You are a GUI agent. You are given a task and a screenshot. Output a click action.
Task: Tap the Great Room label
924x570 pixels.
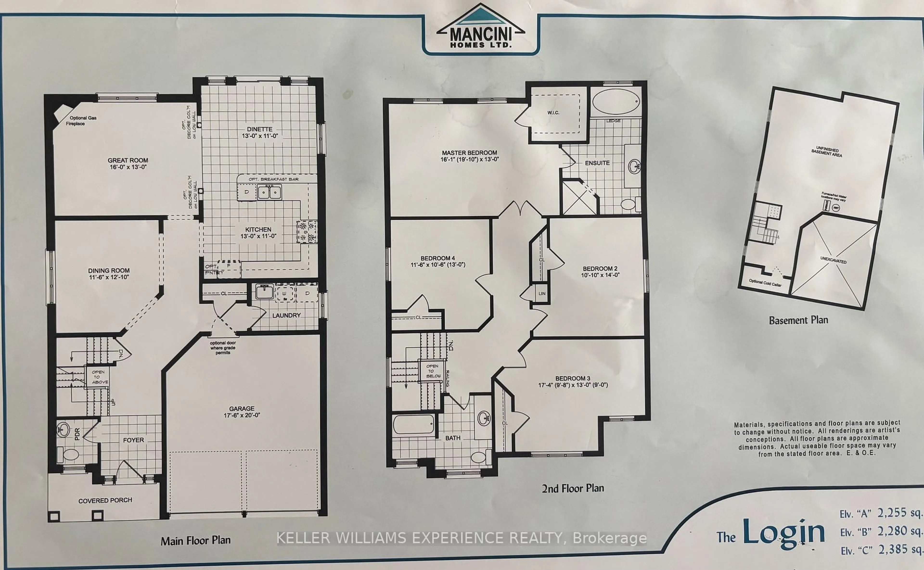coord(128,160)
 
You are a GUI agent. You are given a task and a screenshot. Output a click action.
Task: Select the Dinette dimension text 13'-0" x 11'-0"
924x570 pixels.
coord(260,136)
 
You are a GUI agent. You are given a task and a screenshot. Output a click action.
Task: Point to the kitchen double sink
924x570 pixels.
coord(269,192)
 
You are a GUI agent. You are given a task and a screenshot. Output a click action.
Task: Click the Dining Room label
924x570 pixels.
coord(109,271)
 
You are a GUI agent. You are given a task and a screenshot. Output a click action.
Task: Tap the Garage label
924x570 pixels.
coord(242,409)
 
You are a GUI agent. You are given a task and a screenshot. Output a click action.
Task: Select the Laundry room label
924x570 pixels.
coord(286,315)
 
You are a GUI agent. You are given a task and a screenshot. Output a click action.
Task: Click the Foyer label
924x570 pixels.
coord(133,440)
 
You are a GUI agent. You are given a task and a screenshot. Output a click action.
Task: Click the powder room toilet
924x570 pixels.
coord(71,454)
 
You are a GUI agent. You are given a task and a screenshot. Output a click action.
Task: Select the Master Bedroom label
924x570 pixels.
coord(469,153)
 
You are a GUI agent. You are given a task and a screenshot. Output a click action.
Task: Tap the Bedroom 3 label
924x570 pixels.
coord(572,378)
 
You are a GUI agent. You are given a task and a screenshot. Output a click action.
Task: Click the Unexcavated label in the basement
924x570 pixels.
coord(833,260)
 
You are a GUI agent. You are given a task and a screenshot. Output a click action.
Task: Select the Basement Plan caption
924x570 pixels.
coord(798,320)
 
